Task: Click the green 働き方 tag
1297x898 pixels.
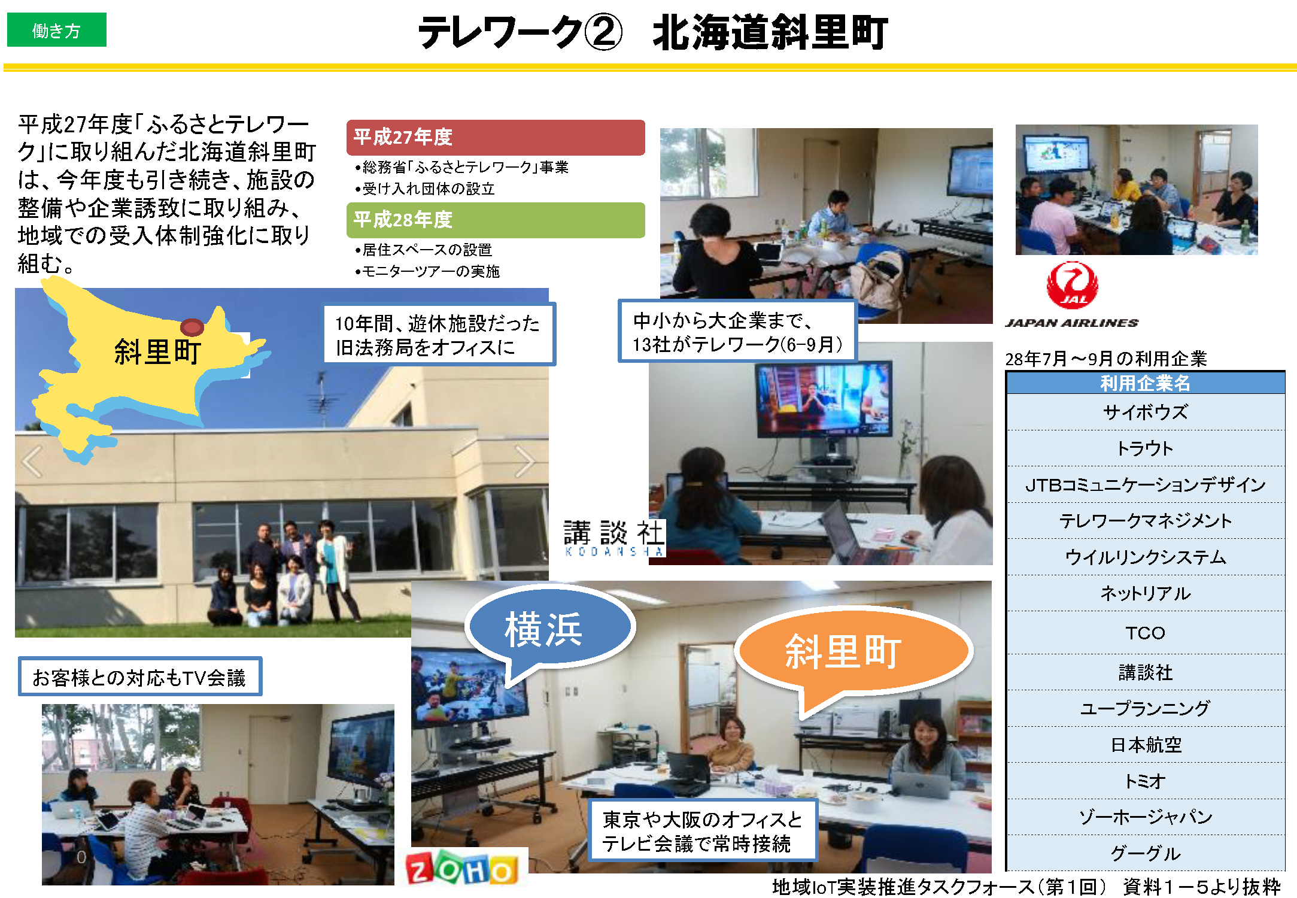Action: click(56, 30)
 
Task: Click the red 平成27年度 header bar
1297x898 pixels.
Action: click(496, 137)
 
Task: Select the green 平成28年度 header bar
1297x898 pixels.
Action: click(496, 220)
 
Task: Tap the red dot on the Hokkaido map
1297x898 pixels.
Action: click(192, 327)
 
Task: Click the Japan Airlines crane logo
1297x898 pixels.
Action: click(1072, 285)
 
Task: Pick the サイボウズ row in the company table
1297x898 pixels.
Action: click(1145, 412)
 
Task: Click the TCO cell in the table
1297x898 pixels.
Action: click(1145, 633)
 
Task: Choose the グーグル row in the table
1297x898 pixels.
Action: click(1145, 853)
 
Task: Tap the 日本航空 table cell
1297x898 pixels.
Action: click(1145, 745)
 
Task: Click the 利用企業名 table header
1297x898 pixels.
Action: click(1145, 383)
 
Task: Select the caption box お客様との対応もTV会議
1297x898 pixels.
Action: click(140, 677)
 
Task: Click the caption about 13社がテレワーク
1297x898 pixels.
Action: click(737, 332)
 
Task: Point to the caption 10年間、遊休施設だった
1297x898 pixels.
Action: click(439, 334)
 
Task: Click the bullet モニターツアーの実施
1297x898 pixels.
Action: click(427, 271)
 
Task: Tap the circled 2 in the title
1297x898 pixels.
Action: click(603, 32)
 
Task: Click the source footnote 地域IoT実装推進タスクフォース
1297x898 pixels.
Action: click(1026, 886)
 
